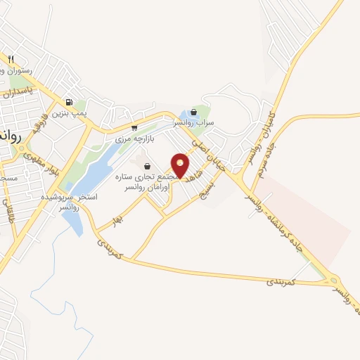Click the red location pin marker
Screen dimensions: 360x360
(x=181, y=165)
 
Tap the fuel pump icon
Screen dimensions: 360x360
(x=68, y=101)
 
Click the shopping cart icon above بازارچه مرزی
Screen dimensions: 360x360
(x=134, y=128)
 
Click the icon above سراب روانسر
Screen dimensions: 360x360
(x=193, y=112)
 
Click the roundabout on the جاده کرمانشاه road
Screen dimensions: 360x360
(x=334, y=281)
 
